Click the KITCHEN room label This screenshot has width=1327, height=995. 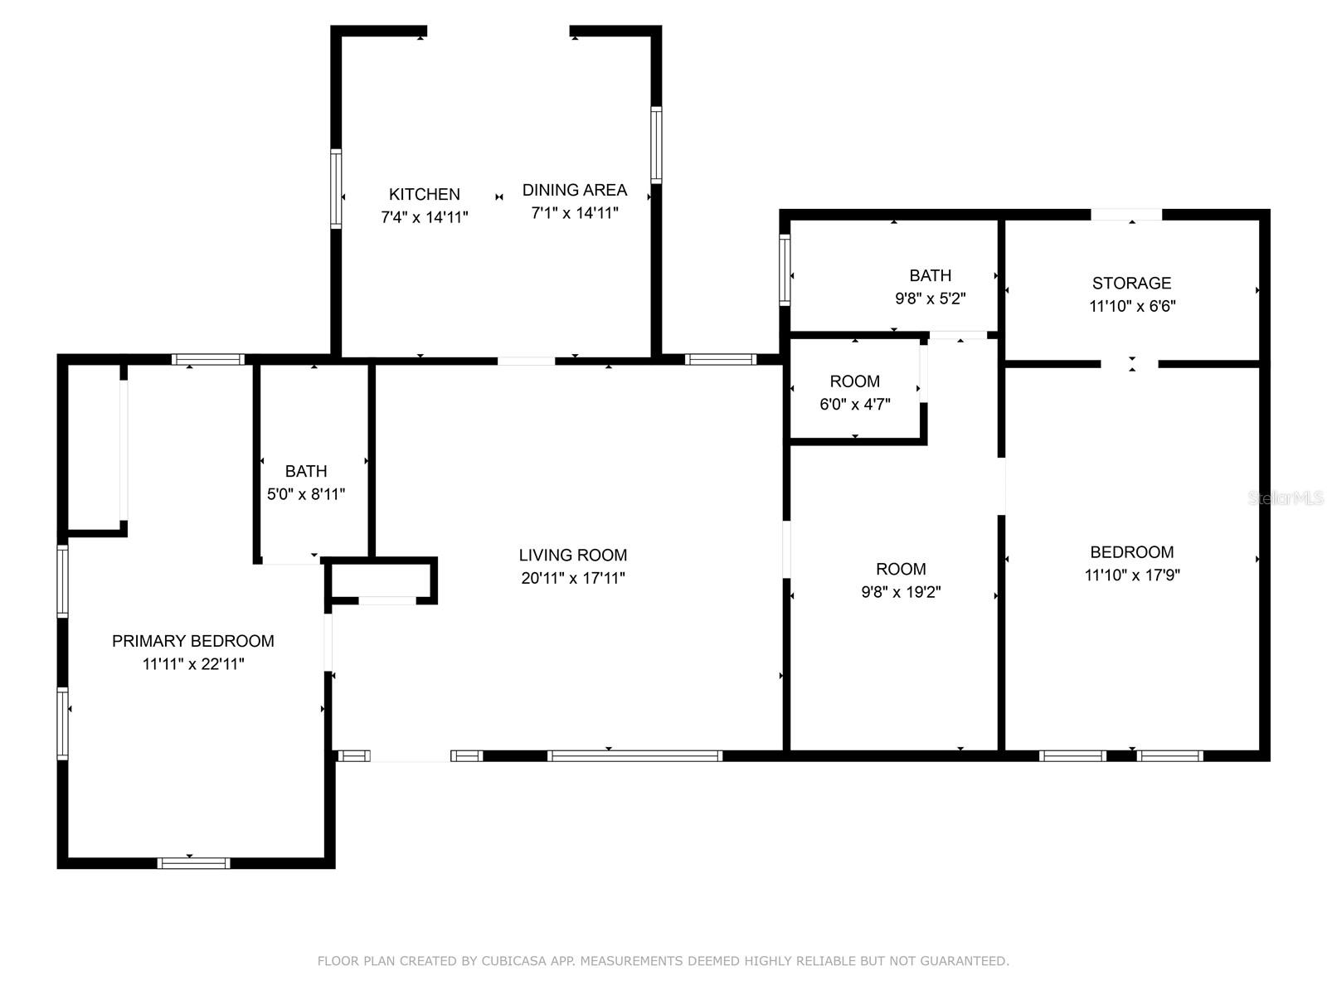tap(425, 194)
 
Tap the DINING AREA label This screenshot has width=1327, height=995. tap(574, 190)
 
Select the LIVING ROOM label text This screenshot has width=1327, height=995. tap(572, 555)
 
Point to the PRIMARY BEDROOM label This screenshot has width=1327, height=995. tap(193, 641)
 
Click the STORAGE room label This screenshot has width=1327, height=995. tap(1131, 283)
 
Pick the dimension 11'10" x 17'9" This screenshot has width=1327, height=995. tap(1132, 575)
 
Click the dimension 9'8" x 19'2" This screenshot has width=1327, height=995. tap(901, 591)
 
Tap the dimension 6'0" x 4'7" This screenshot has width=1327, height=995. tap(855, 404)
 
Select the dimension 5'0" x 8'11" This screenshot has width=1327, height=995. tap(306, 494)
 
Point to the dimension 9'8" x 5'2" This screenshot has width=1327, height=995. tap(930, 298)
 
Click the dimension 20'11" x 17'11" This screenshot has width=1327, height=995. tap(572, 578)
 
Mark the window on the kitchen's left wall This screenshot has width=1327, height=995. tap(336, 188)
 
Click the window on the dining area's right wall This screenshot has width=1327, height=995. tap(656, 144)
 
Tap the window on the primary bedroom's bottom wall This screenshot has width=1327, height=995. tap(193, 863)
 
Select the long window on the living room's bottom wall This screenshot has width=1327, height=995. tap(634, 755)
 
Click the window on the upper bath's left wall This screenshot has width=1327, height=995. tap(785, 269)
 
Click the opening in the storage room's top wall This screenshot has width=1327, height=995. tap(1126, 215)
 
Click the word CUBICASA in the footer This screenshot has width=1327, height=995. tap(513, 960)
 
